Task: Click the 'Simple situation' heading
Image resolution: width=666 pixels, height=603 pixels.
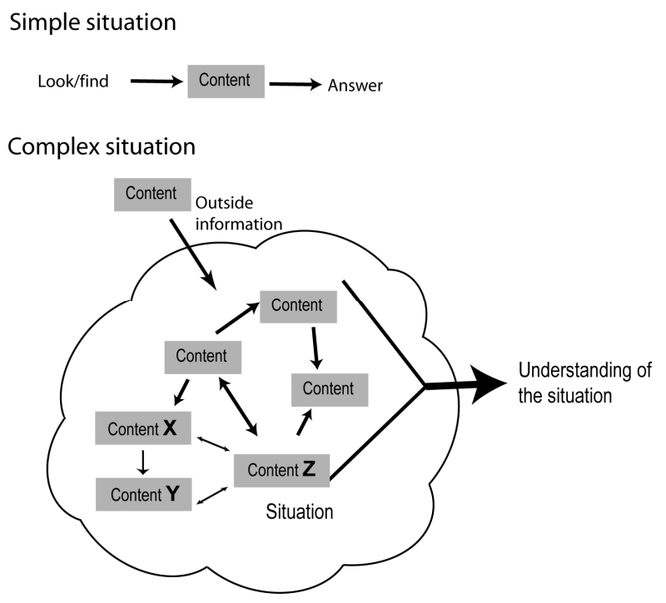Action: (x=92, y=22)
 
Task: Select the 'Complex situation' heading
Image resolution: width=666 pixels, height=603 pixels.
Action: (x=102, y=147)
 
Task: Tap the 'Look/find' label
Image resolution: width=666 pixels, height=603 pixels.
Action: (x=73, y=81)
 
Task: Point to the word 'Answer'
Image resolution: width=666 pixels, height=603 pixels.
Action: (x=355, y=86)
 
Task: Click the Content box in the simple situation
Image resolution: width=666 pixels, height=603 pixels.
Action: (x=226, y=82)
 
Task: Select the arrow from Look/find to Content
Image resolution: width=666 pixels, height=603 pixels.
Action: (x=157, y=81)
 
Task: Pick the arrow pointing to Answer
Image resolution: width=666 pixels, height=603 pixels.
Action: (x=296, y=84)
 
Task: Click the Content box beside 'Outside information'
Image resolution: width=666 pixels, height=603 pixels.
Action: (x=152, y=195)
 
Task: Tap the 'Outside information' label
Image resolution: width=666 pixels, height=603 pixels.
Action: (x=239, y=214)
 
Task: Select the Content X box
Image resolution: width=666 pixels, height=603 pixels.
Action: (x=142, y=428)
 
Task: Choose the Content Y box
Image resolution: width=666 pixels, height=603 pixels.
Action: (x=143, y=494)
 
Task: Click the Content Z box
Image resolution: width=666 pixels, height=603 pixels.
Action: (x=281, y=470)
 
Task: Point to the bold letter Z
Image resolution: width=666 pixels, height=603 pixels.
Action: (x=309, y=469)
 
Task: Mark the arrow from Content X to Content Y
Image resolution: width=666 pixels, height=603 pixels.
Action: (x=142, y=462)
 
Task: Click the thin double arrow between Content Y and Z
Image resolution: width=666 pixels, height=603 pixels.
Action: (x=212, y=496)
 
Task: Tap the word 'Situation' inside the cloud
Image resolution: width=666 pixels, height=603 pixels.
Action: (x=300, y=512)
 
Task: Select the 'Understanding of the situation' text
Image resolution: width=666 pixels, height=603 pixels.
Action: (x=585, y=383)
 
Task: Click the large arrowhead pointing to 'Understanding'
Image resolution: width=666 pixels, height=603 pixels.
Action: (x=490, y=383)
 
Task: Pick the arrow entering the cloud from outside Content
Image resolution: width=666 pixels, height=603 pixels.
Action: (x=193, y=255)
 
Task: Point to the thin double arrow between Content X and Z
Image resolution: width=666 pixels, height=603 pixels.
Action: (x=213, y=444)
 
